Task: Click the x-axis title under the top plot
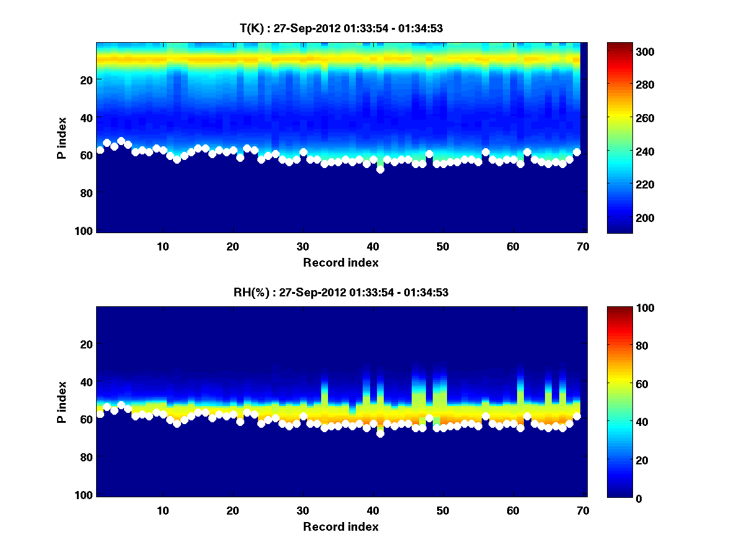[x=340, y=262]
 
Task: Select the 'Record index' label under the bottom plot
[x=340, y=526]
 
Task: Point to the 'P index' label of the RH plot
[x=62, y=402]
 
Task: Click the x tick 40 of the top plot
[x=373, y=246]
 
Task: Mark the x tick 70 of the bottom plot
[x=582, y=510]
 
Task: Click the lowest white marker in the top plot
[x=380, y=169]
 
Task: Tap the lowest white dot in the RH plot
[x=380, y=433]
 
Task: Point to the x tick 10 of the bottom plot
[x=162, y=510]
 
